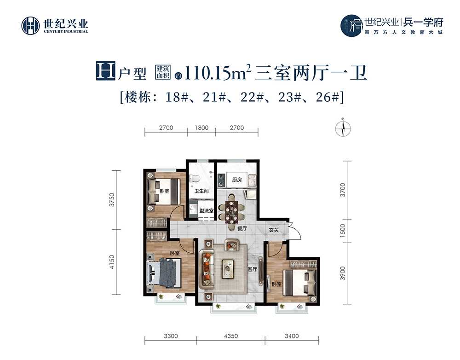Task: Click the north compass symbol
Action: coord(343,128)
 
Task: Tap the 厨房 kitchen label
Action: coord(237,180)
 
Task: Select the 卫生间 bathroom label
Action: coord(201,191)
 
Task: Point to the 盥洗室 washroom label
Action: coord(206,210)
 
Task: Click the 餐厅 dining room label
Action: coord(242,228)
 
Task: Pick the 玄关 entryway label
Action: coord(274,230)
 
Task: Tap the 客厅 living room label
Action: coord(252,269)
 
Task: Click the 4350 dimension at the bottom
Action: coord(231,336)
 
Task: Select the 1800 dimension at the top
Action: coord(201,128)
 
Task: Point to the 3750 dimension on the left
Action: coord(112,200)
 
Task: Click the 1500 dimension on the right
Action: coord(343,231)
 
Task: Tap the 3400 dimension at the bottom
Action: coord(292,336)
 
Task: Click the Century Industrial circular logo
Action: coord(30,26)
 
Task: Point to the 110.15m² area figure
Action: coord(218,73)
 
